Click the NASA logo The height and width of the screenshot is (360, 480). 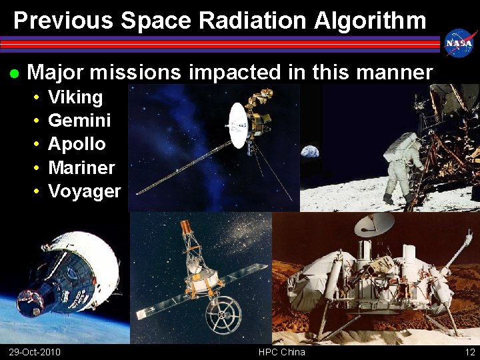tap(459, 43)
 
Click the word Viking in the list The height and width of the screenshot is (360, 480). tap(75, 97)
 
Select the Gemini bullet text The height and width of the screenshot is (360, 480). tap(79, 121)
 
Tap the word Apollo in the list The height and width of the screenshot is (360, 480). tap(77, 144)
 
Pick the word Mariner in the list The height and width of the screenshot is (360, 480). tap(81, 167)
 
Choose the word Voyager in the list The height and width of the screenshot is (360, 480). tap(85, 191)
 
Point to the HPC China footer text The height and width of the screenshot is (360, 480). tap(282, 352)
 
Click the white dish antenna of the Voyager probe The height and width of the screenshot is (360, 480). tap(237, 125)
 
